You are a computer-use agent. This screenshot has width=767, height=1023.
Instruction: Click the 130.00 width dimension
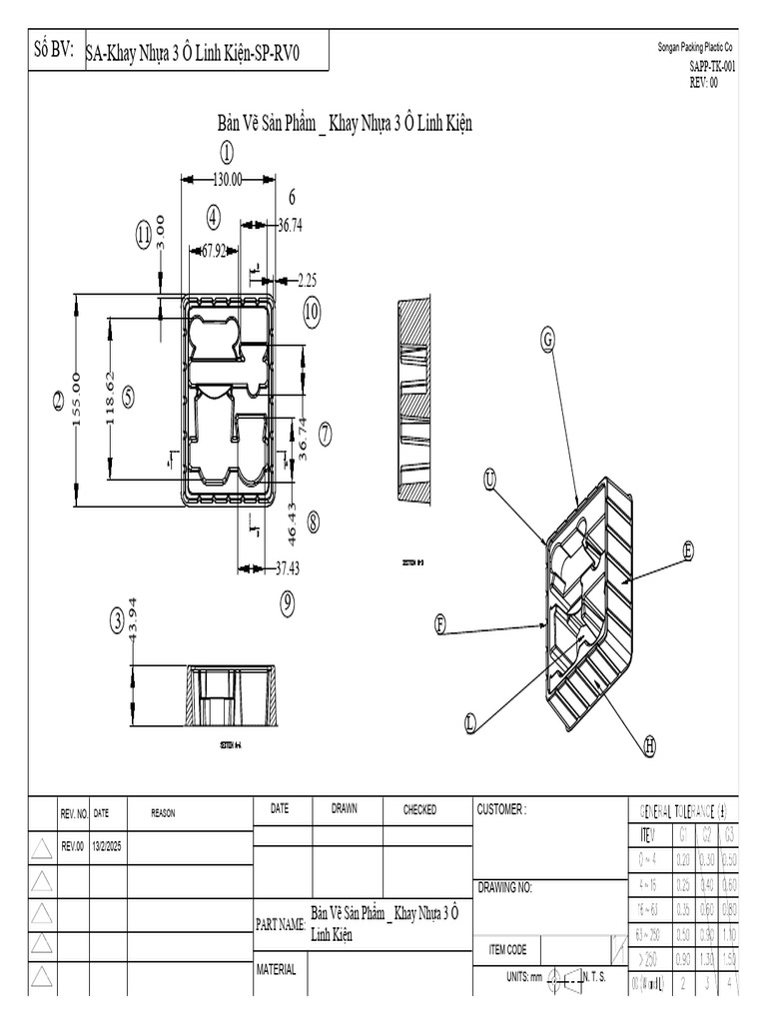point(227,180)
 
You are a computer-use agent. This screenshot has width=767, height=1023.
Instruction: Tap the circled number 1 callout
point(227,153)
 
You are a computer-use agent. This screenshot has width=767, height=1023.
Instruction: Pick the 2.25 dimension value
point(305,280)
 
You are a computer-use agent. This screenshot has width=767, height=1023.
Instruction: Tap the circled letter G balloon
point(546,340)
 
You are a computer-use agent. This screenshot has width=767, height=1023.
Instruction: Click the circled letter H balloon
point(650,744)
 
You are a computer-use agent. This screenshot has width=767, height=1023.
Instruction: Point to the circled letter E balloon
point(688,548)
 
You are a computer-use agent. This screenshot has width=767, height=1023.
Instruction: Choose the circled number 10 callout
point(312,311)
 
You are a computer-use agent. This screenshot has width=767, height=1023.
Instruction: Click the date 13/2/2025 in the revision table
point(108,846)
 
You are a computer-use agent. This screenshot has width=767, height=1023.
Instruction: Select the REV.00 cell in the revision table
point(74,846)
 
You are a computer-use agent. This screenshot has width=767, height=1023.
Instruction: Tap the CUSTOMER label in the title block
point(501,810)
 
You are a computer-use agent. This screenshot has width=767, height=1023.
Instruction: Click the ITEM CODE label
point(506,950)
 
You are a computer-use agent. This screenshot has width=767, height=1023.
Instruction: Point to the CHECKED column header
point(419,810)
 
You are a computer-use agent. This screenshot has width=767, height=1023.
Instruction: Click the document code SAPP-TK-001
point(712,68)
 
